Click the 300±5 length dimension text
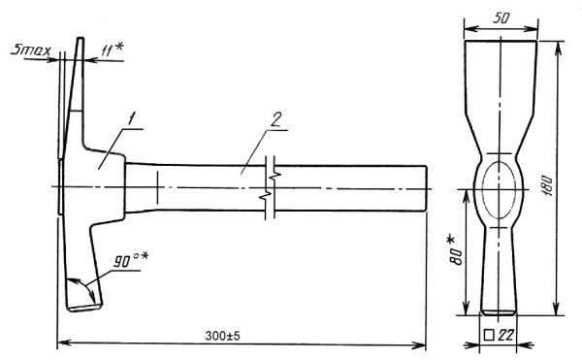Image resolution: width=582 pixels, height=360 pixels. [223, 336]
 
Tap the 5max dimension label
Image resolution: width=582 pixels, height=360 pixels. [31, 49]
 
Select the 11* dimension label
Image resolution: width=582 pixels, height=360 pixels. [113, 49]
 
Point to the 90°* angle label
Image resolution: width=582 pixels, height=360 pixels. [131, 259]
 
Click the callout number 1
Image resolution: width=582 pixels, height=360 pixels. [131, 119]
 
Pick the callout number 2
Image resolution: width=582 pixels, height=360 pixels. [276, 119]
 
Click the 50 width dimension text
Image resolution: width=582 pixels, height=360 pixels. [501, 18]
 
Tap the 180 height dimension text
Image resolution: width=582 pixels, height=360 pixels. [549, 185]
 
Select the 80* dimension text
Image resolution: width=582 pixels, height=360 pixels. [456, 250]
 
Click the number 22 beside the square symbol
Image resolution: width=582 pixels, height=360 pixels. [505, 335]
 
